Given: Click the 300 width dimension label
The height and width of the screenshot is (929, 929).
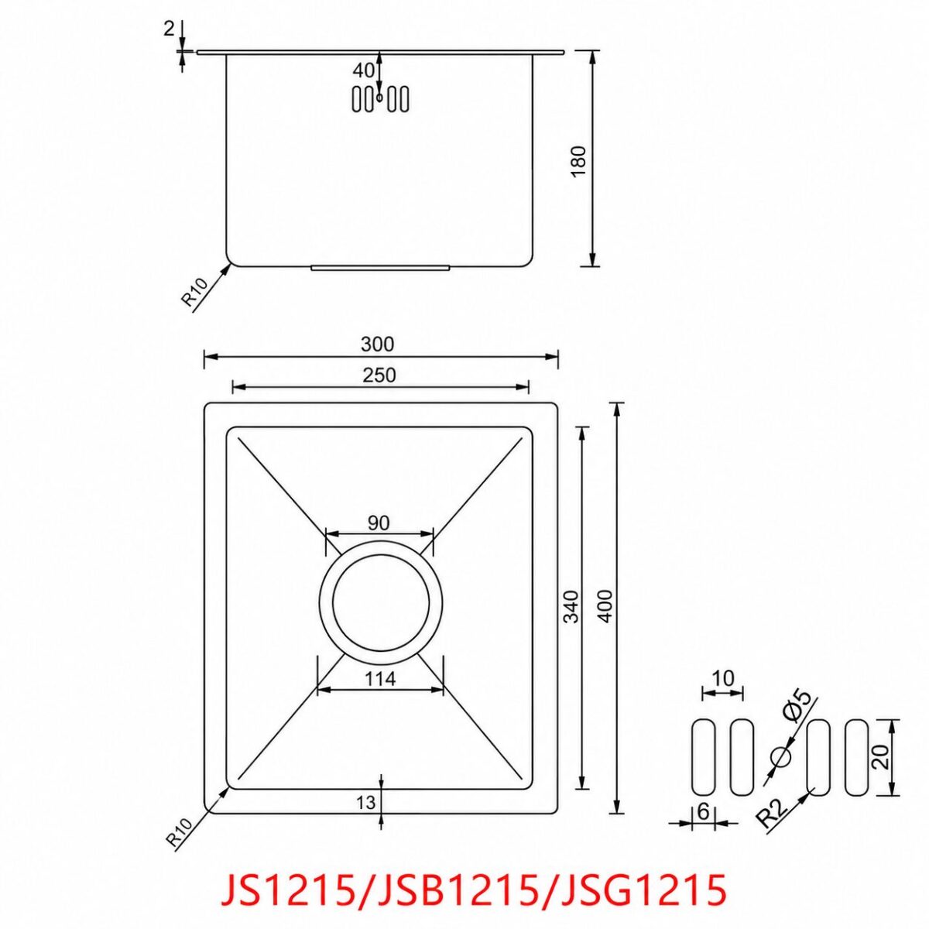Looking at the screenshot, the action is tap(378, 345).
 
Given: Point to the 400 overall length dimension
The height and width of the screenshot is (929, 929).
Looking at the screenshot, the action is tap(606, 605).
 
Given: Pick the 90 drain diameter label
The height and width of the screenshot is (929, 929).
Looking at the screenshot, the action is tap(378, 523).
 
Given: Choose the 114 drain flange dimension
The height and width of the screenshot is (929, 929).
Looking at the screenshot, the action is tap(380, 679).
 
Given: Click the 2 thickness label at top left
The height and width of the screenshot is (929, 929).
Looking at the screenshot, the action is tap(169, 29).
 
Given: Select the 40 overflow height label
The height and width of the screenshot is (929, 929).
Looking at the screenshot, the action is tap(364, 70).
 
